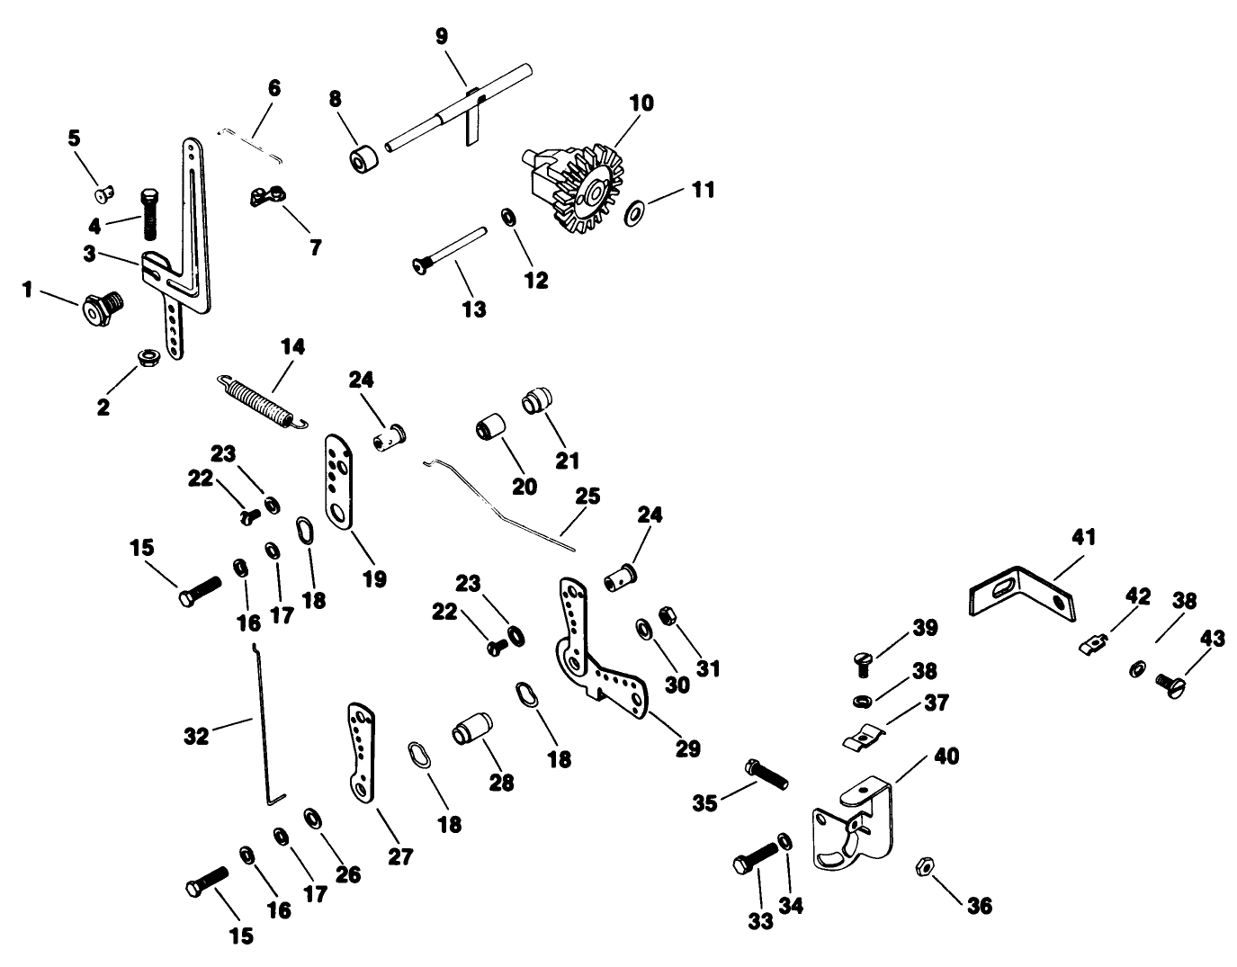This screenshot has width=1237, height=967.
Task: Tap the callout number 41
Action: (x=1083, y=538)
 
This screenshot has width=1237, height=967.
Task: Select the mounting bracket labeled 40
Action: (x=850, y=827)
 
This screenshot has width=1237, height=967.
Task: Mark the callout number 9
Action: (x=441, y=36)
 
